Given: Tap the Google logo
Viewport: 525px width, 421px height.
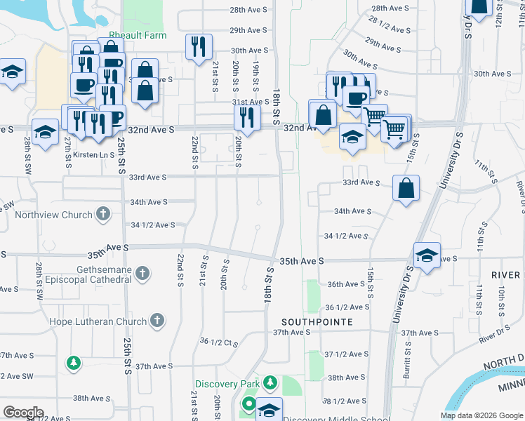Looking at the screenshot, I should (23, 413).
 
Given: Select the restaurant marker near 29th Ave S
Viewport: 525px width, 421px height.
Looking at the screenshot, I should (199, 46).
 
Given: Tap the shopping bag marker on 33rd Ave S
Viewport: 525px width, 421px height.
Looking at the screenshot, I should (406, 188).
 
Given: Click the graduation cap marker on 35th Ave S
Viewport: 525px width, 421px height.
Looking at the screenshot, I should (426, 255).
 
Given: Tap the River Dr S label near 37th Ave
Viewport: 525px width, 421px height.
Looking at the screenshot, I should (495, 334).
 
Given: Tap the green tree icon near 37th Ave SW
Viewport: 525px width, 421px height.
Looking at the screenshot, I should (73, 363).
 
